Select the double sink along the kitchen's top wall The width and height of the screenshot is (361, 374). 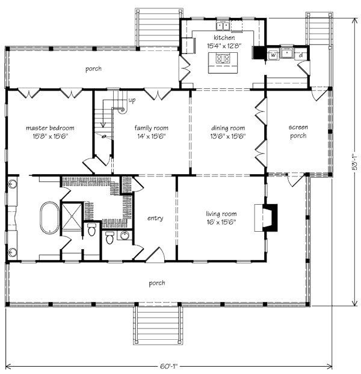tap(224, 26)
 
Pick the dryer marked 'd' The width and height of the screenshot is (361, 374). tap(300, 55)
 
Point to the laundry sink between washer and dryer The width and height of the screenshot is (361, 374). tap(287, 53)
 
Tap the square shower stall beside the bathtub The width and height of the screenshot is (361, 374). tap(73, 213)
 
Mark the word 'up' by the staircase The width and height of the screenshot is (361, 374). tap(132, 100)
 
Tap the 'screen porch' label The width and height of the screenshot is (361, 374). tap(297, 131)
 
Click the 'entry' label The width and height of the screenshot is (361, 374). tap(155, 219)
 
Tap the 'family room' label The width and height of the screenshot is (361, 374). tap(151, 128)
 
